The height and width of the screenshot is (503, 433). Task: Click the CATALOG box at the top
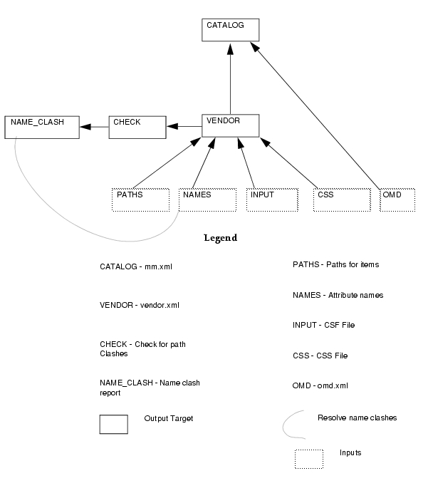(230, 30)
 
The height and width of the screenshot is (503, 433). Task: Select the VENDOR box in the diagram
(230, 125)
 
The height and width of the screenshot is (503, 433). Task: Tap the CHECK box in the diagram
(137, 128)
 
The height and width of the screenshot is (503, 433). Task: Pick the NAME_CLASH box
(42, 128)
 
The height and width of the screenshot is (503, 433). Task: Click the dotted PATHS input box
(140, 200)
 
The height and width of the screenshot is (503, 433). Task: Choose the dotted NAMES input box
(207, 200)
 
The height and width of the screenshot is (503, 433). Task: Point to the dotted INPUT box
(272, 200)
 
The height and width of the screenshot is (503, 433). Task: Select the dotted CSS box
(342, 200)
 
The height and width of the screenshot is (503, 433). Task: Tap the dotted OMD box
(397, 200)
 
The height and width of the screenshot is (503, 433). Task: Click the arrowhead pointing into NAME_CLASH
(85, 127)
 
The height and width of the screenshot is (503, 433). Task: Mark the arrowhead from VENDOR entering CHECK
(172, 126)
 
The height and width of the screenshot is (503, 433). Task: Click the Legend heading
(221, 238)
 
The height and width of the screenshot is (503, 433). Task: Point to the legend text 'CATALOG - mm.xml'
(136, 266)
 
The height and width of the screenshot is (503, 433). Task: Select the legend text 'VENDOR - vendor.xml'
(140, 305)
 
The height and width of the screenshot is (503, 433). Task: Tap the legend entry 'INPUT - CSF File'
(323, 325)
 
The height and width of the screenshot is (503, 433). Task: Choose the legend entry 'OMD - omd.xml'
(320, 385)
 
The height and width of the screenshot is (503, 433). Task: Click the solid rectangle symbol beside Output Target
(113, 425)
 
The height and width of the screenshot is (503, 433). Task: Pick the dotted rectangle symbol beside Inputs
(309, 459)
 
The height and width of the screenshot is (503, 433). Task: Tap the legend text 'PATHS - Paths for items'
(336, 264)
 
